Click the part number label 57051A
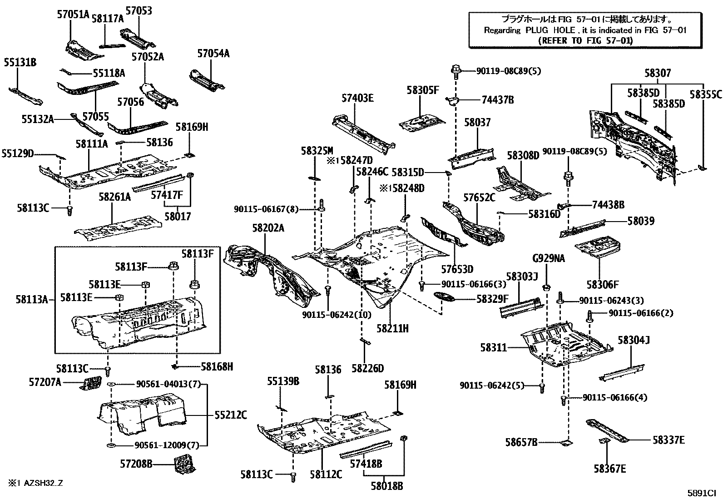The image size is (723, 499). tap(73, 14)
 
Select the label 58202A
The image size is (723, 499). tap(268, 228)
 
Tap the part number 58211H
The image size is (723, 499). tap(392, 328)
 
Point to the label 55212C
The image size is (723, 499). tap(231, 415)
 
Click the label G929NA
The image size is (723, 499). tap(549, 258)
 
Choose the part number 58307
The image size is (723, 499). tap(657, 73)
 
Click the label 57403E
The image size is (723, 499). tap(357, 98)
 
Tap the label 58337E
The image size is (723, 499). tap(669, 440)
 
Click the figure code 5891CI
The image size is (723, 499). tap(701, 492)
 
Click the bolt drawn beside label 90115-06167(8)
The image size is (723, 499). tap(321, 205)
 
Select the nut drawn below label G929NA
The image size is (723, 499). tap(547, 288)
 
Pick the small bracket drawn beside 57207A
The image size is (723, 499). tap(91, 383)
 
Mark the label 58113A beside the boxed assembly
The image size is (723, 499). tap(32, 299)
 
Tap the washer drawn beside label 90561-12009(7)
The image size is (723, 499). tap(110, 445)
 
